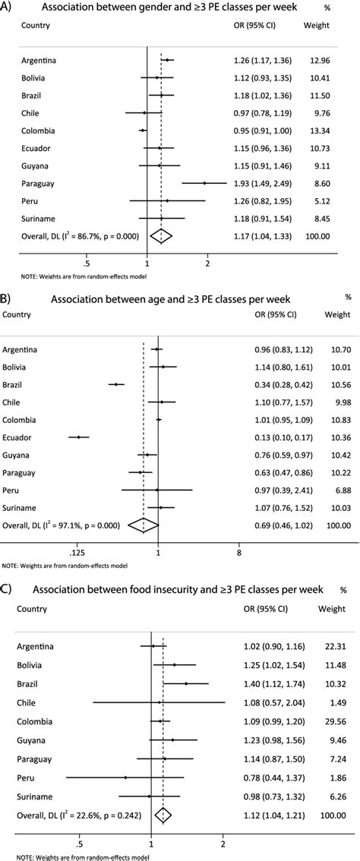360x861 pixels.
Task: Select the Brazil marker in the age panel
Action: pyautogui.click(x=115, y=384)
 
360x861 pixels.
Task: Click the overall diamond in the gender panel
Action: pyautogui.click(x=162, y=236)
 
